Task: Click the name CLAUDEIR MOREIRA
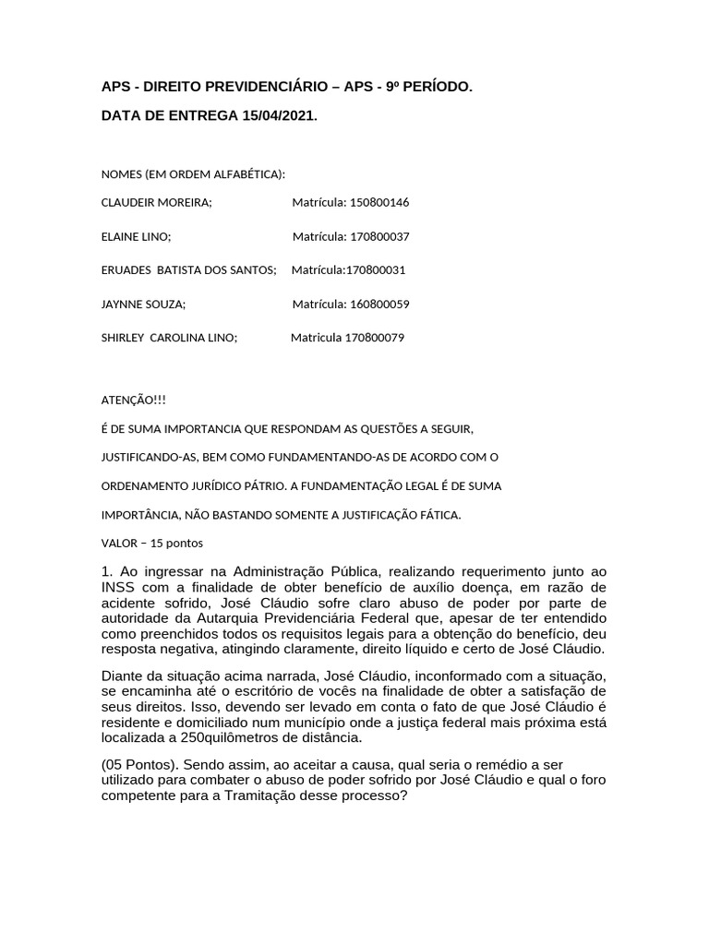[156, 202]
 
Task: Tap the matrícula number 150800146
[379, 202]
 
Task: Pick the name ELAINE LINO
[135, 236]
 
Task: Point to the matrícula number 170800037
[379, 236]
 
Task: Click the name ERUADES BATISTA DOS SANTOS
[188, 270]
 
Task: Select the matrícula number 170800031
[375, 270]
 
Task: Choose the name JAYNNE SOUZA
[143, 304]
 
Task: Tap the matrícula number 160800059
[379, 304]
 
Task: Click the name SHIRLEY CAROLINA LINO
[169, 338]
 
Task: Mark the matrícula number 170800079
[375, 338]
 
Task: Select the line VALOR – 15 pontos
[151, 543]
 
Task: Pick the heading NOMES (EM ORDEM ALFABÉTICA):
[193, 173]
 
